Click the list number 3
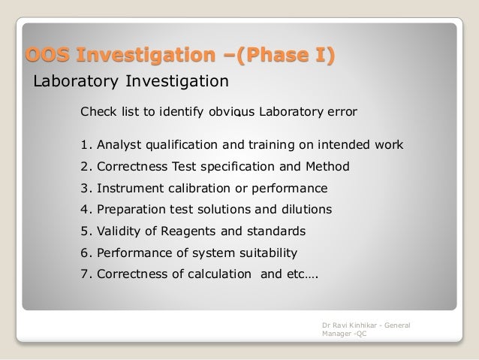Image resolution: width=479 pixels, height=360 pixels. tap(84, 188)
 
